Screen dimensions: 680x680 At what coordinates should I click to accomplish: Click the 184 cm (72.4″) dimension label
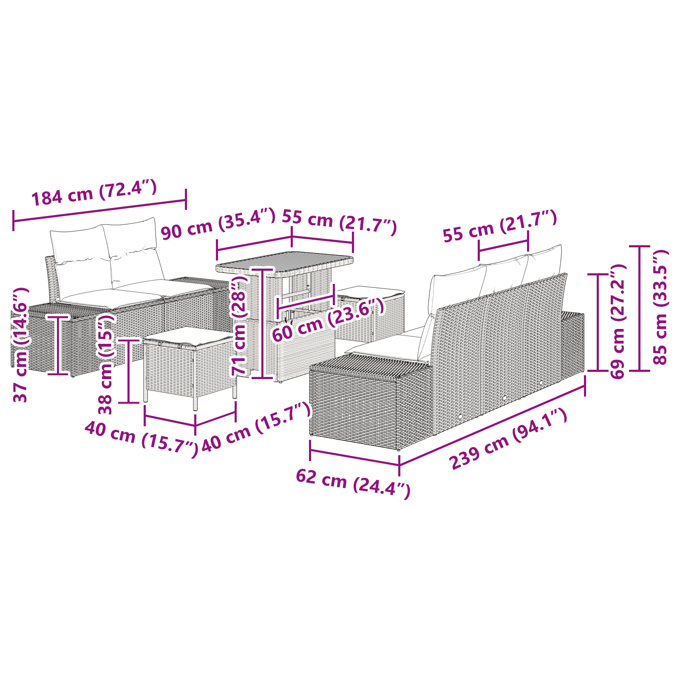click(94, 193)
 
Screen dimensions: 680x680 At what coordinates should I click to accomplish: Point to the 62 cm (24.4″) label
click(353, 484)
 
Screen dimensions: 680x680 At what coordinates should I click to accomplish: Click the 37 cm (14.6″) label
click(20, 345)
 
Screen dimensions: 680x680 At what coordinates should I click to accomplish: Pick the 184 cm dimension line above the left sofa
click(99, 210)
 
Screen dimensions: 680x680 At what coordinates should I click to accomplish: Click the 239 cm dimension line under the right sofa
click(492, 425)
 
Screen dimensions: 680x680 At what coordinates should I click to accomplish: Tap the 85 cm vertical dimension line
click(639, 308)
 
